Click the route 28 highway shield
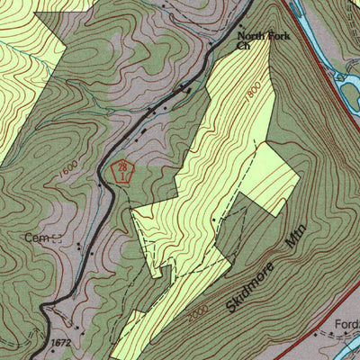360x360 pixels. [121, 170]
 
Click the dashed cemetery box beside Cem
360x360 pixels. [57, 238]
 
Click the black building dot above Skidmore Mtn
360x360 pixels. [213, 219]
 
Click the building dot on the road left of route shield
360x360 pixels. [100, 184]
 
